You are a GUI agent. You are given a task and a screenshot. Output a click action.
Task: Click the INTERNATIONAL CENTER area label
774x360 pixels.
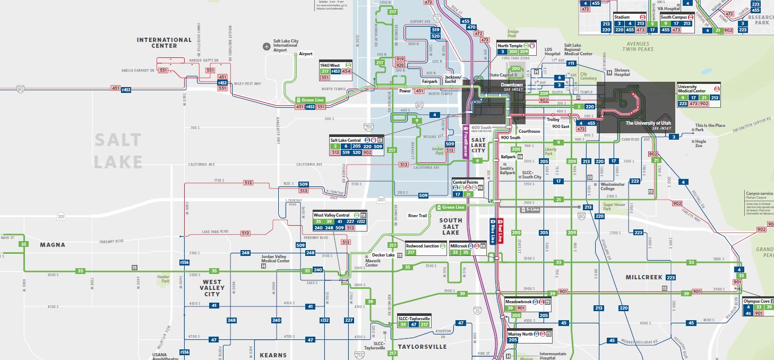tap(164, 42)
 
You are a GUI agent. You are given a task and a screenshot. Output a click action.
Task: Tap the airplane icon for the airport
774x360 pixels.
tap(266, 46)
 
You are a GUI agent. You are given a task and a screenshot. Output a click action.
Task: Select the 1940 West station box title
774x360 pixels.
tap(331, 65)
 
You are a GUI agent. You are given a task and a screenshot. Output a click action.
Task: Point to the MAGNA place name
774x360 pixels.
tap(53, 245)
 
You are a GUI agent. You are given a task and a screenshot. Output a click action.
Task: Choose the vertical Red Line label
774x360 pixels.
tap(501, 230)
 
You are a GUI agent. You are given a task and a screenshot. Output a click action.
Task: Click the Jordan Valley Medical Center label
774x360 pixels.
tap(276, 259)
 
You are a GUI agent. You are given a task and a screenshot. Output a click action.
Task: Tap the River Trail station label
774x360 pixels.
tap(417, 216)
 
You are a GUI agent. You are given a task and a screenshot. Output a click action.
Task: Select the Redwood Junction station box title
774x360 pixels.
tap(423, 246)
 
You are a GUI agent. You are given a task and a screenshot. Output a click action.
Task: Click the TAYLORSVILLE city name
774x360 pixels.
tap(419, 347)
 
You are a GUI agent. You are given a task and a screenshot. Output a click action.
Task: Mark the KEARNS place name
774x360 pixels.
tap(273, 355)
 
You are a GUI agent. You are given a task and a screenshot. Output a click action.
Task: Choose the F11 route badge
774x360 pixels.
tap(571, 63)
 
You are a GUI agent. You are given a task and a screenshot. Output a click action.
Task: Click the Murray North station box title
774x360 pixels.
tap(520, 334)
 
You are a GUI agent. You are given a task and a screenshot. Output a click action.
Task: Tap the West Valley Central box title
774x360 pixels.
tap(332, 215)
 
